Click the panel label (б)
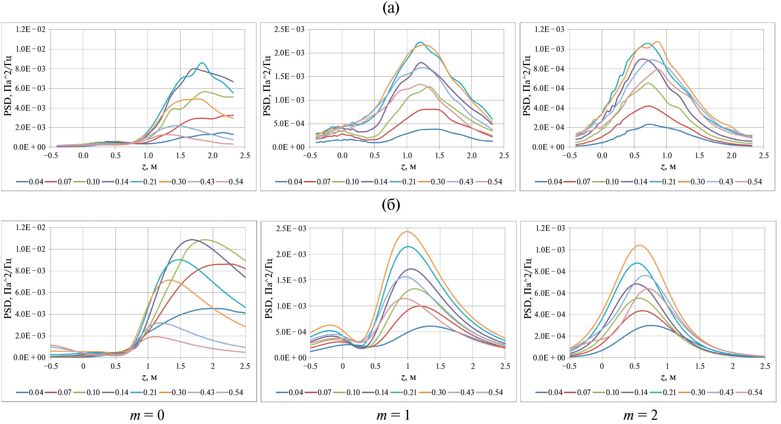point(391,205)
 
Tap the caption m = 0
point(147,415)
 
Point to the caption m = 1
point(393,415)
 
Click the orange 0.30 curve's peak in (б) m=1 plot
point(407,232)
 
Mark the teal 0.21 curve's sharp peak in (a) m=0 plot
point(202,63)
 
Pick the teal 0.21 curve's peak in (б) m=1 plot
point(408,247)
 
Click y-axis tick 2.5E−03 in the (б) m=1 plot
point(291,229)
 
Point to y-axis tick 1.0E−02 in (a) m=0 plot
point(30,49)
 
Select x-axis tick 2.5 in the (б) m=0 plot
point(245,366)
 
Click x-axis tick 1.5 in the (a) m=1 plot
point(439,156)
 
